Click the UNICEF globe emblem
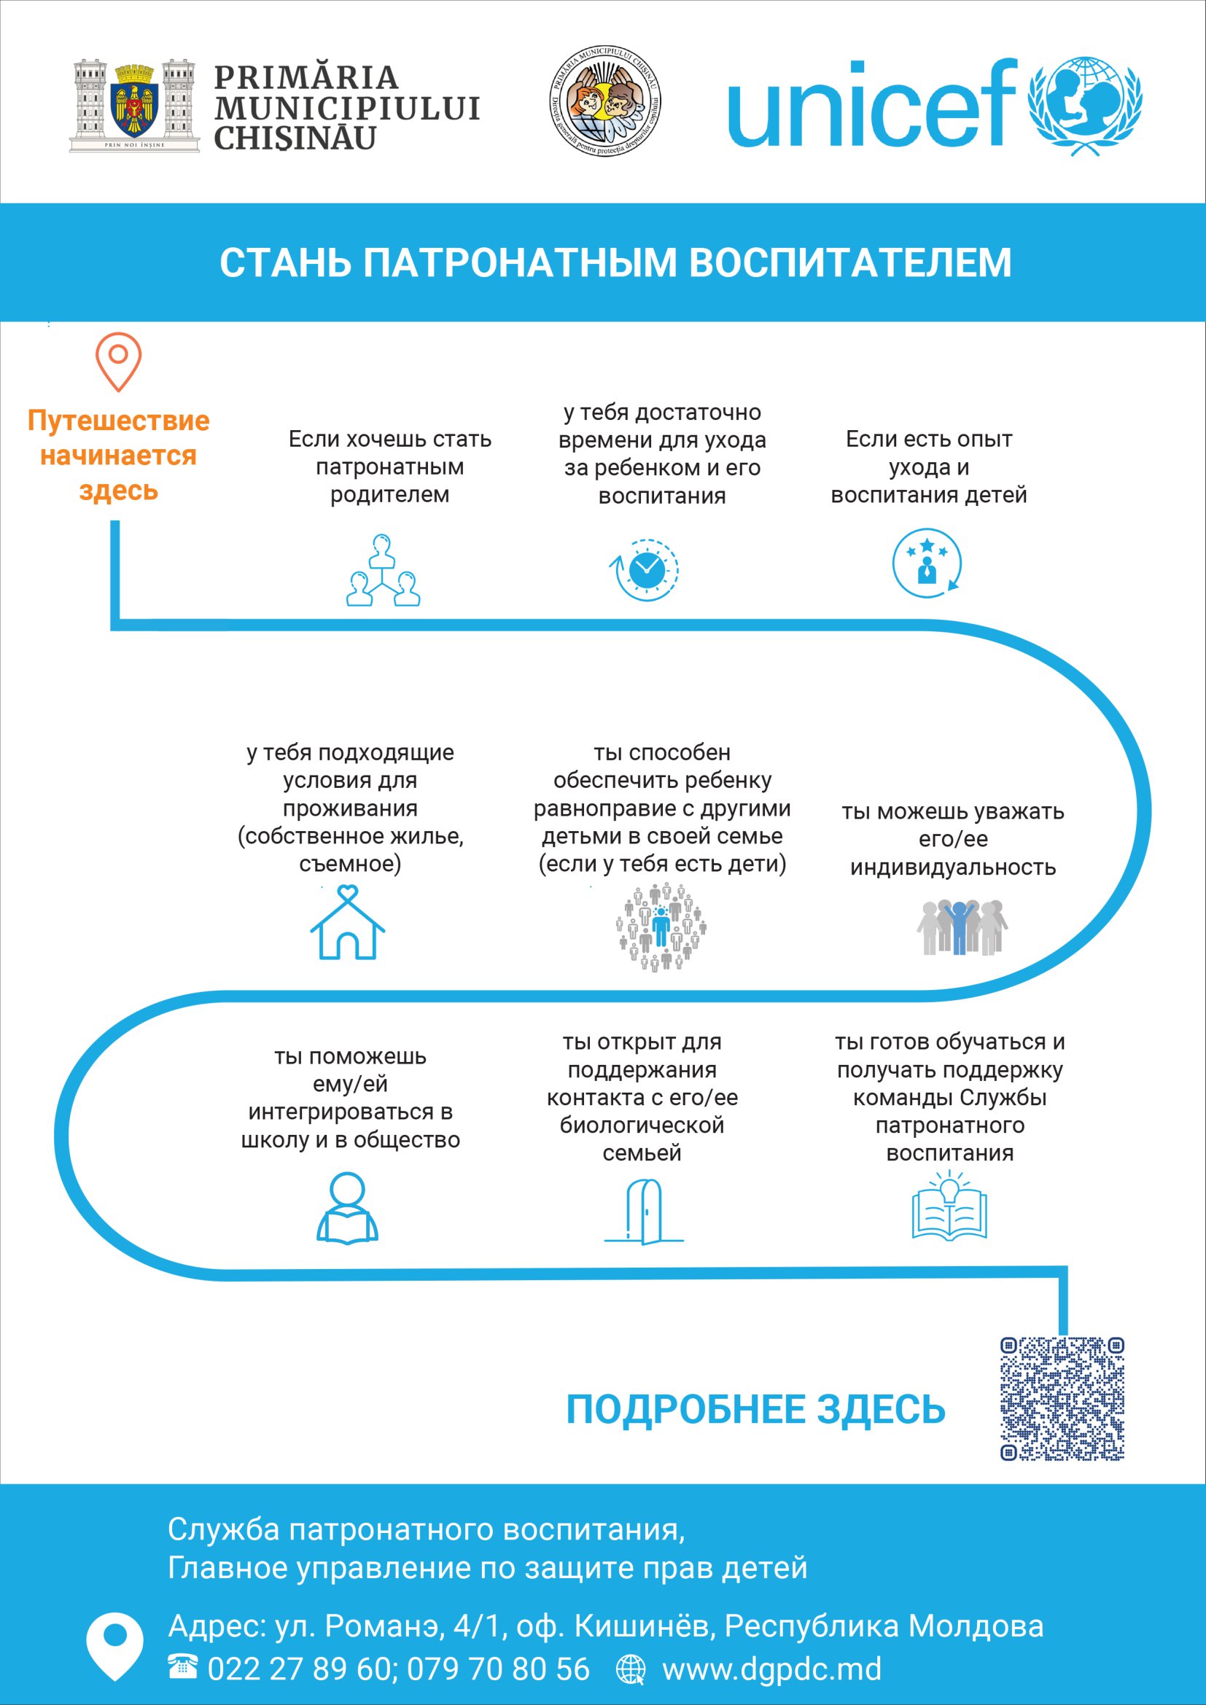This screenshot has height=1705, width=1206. click(x=1085, y=106)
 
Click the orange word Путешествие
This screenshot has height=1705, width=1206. click(x=119, y=421)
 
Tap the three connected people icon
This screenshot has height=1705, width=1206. click(x=384, y=570)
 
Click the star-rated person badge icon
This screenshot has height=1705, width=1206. click(x=927, y=563)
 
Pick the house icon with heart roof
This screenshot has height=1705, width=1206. click(x=348, y=923)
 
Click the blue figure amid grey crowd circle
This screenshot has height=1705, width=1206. click(x=661, y=927)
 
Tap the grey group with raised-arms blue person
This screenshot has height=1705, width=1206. click(x=962, y=926)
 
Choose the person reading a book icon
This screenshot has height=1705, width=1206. click(x=348, y=1206)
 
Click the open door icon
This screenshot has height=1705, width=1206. click(x=644, y=1212)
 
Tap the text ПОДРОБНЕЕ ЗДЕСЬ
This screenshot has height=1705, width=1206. click(x=755, y=1410)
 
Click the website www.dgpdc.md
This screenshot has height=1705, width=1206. click(x=771, y=1669)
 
